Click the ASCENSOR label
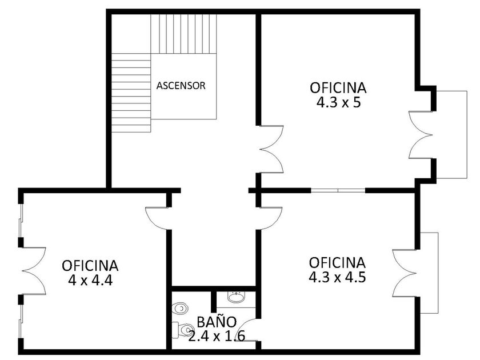point(181,85)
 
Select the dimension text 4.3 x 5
point(338,102)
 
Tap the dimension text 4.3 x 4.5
point(337,277)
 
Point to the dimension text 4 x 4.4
point(90,280)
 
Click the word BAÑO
point(217,322)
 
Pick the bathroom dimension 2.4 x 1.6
point(217,336)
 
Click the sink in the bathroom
point(236,297)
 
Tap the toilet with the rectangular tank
point(181,330)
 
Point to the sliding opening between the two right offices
point(338,190)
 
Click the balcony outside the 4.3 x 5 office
point(451,135)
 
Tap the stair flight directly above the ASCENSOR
point(183,34)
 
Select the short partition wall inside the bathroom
point(214,302)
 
